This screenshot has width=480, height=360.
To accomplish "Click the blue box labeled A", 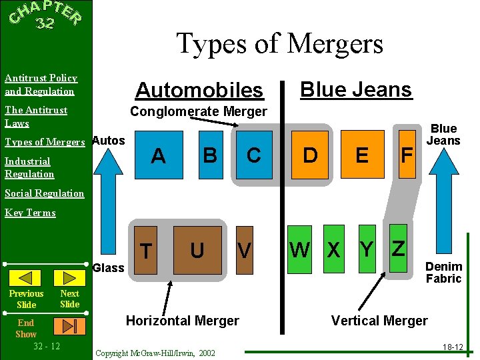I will point(159,155).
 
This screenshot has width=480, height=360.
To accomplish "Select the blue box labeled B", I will point(209,155).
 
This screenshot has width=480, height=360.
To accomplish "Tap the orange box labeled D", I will point(310,155).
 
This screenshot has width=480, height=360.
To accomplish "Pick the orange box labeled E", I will point(362,155).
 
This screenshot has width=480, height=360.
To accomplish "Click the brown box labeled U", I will point(197,250).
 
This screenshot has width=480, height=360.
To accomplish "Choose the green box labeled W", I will point(299,249).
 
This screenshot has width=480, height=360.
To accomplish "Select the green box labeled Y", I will point(365,249).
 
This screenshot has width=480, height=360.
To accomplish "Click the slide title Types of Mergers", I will point(279,44).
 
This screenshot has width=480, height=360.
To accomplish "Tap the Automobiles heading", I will point(199,90).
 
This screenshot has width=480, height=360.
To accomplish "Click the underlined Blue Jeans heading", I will point(356,89).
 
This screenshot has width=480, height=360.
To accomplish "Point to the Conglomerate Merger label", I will point(199,111).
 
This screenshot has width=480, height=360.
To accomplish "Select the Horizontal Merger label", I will point(182,321).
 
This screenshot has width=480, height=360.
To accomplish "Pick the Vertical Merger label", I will point(379,321).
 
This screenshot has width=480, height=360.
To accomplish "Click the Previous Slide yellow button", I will point(26,279).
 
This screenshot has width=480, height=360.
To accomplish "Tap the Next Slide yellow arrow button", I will point(69,279).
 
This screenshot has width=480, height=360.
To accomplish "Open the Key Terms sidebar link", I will point(30,213).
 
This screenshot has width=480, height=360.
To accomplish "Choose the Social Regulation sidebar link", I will point(44,193).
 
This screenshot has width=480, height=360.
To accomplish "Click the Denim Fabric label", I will point(443,273).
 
